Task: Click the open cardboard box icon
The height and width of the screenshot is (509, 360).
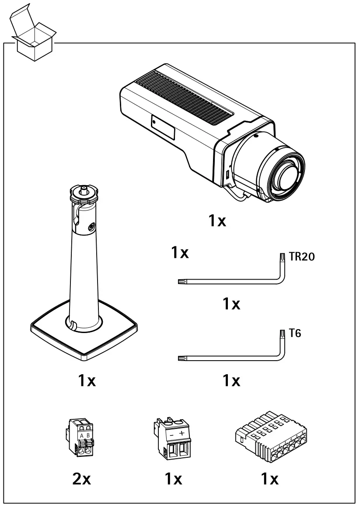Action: (x=33, y=35)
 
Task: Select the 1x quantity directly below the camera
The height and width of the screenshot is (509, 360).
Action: (x=217, y=221)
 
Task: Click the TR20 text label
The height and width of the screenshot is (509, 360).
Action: (x=302, y=257)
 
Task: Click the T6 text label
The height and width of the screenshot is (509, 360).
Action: (x=295, y=334)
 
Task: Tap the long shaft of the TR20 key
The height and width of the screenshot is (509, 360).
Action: (x=227, y=282)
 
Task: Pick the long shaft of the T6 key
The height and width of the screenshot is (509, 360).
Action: (x=227, y=359)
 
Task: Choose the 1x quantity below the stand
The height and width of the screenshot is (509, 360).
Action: (x=87, y=381)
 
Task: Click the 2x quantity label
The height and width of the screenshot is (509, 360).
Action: (x=81, y=480)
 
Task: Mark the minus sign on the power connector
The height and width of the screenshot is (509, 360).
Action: (x=171, y=435)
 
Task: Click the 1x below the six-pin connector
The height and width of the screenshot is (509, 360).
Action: (x=269, y=480)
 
